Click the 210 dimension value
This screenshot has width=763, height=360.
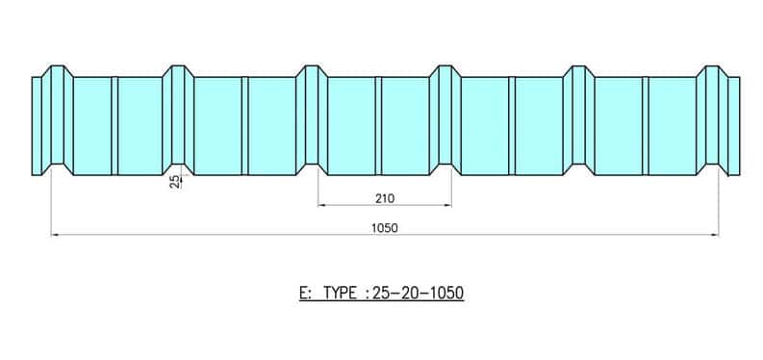point(385,198)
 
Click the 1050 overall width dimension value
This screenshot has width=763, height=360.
point(385,228)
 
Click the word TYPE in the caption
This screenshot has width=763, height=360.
point(341,293)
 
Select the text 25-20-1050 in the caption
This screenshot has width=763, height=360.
point(418,293)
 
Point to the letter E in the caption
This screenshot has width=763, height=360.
point(304,293)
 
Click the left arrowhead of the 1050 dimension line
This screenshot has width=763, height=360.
point(55,235)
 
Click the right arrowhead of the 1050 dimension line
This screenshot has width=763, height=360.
point(715,235)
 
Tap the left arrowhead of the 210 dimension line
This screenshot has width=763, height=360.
point(321,205)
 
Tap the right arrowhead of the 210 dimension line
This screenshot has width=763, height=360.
point(447,205)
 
